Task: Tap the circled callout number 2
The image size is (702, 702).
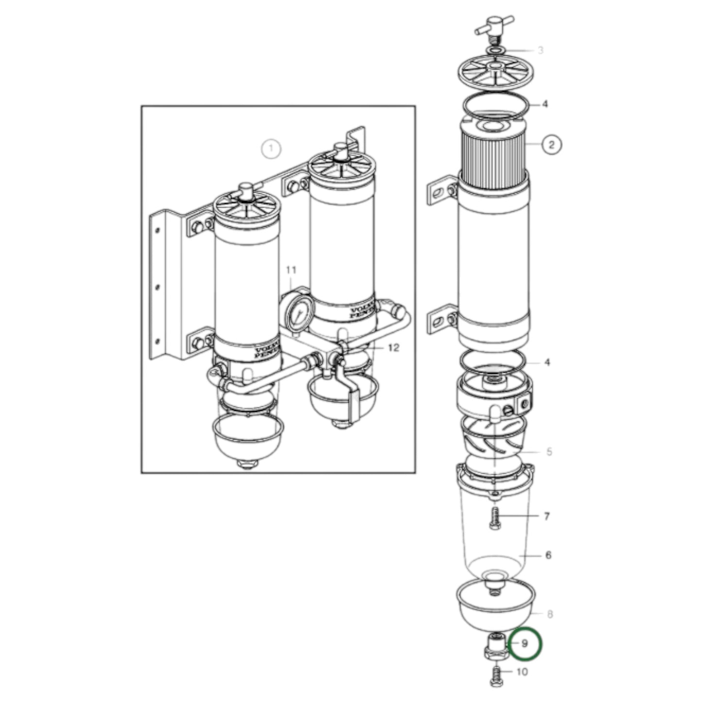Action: pos(551,144)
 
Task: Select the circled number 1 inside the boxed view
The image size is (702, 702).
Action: pos(271,148)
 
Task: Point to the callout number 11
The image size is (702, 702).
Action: pos(291,270)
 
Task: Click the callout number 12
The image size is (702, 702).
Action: pos(393,348)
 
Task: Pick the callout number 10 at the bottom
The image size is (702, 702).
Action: pos(521,672)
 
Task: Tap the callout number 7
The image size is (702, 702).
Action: pos(547,516)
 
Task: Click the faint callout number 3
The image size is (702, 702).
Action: pos(540,51)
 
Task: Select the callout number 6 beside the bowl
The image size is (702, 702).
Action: pos(548,555)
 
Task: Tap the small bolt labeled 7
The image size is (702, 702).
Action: pos(495,518)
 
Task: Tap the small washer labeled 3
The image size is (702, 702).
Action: pos(495,51)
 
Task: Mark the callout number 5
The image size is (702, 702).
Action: pos(549,452)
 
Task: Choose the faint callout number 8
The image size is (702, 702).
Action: pos(550,615)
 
